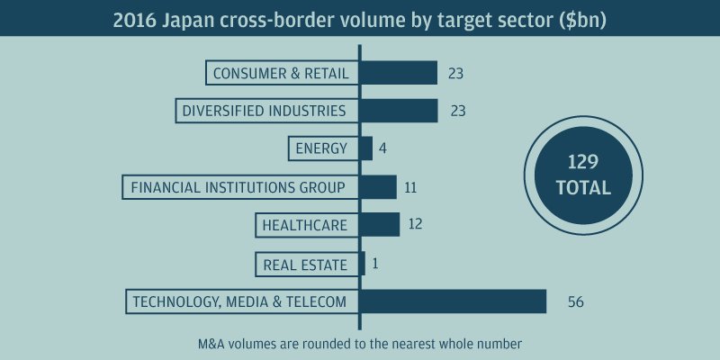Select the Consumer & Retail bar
(x=399, y=73)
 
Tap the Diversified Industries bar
(x=399, y=111)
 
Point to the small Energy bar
(x=366, y=148)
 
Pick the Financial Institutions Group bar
(x=379, y=187)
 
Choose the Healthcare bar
(x=380, y=225)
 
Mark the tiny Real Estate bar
(x=363, y=264)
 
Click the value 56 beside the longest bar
(x=576, y=302)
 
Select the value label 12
(x=415, y=225)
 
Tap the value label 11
(x=412, y=187)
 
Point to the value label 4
(x=383, y=148)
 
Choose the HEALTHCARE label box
(x=304, y=225)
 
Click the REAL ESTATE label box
(x=304, y=264)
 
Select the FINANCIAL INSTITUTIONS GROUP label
(x=238, y=187)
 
